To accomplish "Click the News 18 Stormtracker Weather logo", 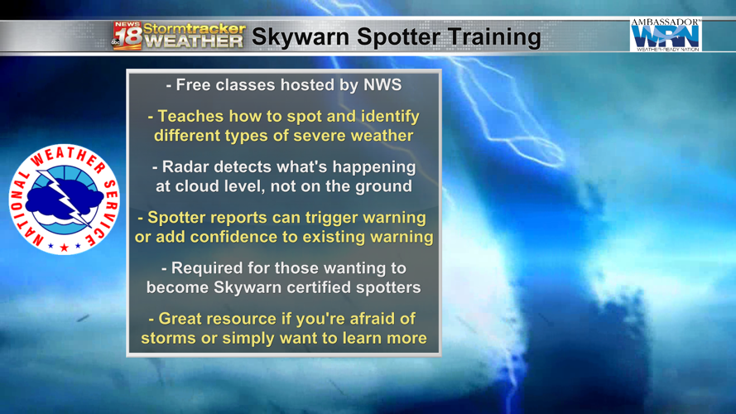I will point(179,36).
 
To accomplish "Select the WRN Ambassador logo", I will point(665,35).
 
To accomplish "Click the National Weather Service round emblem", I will point(64,199).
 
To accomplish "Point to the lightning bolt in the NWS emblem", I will point(65,199).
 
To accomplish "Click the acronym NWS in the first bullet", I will point(382,84).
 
